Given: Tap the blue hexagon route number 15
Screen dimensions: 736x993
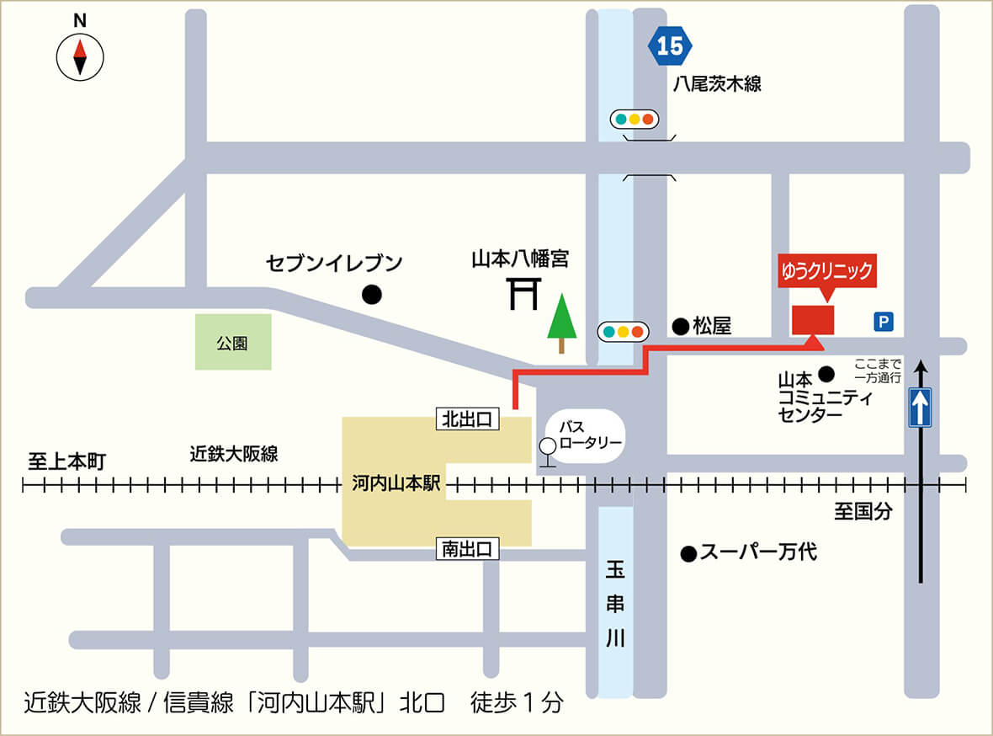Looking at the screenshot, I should pyautogui.click(x=670, y=46).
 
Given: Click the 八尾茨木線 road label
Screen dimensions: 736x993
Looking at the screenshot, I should pyautogui.click(x=717, y=84).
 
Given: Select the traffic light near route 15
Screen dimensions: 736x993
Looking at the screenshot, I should pyautogui.click(x=634, y=120).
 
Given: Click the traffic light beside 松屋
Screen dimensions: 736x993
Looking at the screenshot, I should pyautogui.click(x=622, y=331).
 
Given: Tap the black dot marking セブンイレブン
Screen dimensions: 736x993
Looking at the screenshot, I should pyautogui.click(x=371, y=295).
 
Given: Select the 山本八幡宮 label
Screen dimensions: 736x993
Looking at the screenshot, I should pyautogui.click(x=519, y=259).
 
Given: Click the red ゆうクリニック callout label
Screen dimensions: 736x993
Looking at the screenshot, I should pyautogui.click(x=826, y=272).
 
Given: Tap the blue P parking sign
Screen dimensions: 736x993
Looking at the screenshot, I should pyautogui.click(x=883, y=321).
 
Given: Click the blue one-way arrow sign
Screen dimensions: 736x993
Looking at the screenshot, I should pyautogui.click(x=921, y=408).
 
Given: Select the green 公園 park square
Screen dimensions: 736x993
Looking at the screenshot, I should pyautogui.click(x=233, y=342).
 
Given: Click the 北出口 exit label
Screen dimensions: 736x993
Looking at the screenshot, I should pyautogui.click(x=468, y=419).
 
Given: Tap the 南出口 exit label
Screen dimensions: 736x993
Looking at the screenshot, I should pyautogui.click(x=468, y=550).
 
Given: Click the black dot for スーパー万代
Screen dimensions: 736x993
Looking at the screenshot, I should pyautogui.click(x=688, y=553).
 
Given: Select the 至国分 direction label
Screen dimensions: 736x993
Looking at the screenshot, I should pyautogui.click(x=863, y=511).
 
